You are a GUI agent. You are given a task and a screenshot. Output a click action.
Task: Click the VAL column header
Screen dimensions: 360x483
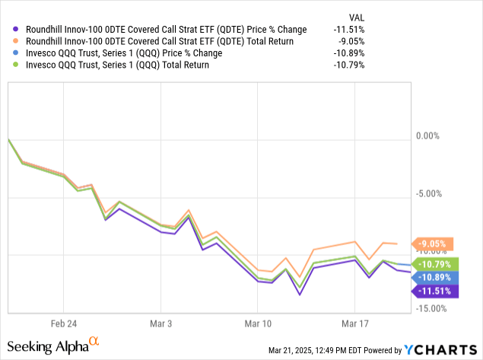355,15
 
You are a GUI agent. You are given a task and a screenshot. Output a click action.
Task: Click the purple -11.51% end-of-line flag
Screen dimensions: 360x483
434,290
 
